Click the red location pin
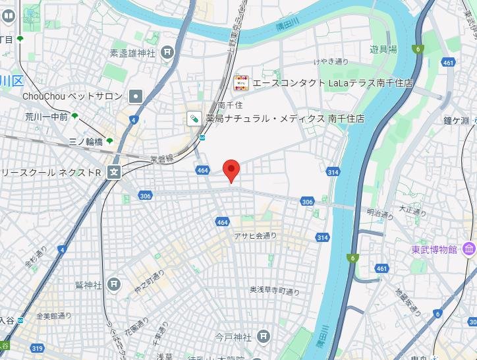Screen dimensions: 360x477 pyautogui.click(x=231, y=170)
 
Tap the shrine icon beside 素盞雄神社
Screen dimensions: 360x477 pyautogui.click(x=167, y=51)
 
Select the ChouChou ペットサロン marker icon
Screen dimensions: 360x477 pyautogui.click(x=136, y=96)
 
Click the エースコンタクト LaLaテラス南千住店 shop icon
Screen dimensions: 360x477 pyautogui.click(x=241, y=82)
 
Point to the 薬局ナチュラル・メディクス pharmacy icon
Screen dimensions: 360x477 pyautogui.click(x=194, y=119)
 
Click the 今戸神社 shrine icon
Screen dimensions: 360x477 pyautogui.click(x=264, y=336)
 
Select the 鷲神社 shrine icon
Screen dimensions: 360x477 pyautogui.click(x=115, y=284)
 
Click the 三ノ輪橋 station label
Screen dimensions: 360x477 pyautogui.click(x=86, y=141)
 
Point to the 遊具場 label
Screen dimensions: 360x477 pyautogui.click(x=383, y=49)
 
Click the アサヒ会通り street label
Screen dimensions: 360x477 pyautogui.click(x=255, y=235)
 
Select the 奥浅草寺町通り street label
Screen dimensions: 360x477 pyautogui.click(x=275, y=290)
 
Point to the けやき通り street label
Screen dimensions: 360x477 pyautogui.click(x=331, y=62)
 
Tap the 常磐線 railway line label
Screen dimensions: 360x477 pyautogui.click(x=162, y=159)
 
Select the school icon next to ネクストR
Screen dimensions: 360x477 pyautogui.click(x=115, y=173)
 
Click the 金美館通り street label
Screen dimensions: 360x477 pyautogui.click(x=55, y=316)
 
